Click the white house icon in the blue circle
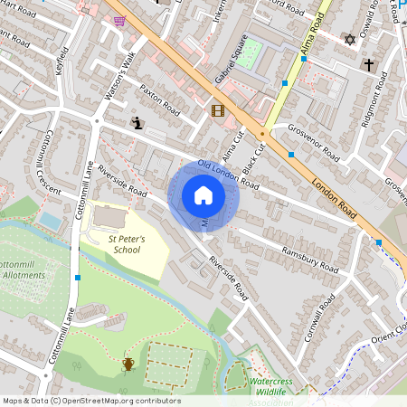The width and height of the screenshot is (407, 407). click(203, 195)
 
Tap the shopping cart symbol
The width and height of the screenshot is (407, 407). click(119, 20)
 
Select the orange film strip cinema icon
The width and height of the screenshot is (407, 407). click(217, 111)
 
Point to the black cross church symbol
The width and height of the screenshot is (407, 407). click(368, 65)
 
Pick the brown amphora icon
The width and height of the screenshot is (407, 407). click(128, 364)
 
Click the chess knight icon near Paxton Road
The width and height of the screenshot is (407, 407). click(137, 123)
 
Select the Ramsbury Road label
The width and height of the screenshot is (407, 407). click(308, 260)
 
